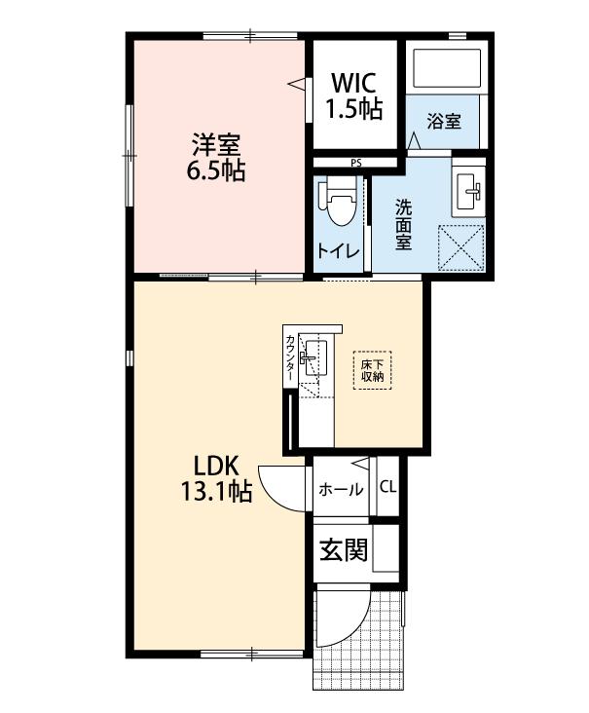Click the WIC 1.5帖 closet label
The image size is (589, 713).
353,94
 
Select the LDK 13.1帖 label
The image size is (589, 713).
215,479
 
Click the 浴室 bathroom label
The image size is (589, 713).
444,122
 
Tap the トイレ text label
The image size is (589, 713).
338,251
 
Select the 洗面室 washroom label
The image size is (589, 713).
402,225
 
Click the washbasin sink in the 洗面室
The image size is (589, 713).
470,190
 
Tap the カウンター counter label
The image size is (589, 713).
290,360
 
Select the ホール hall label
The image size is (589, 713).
341,489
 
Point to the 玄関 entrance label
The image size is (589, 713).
343,551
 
